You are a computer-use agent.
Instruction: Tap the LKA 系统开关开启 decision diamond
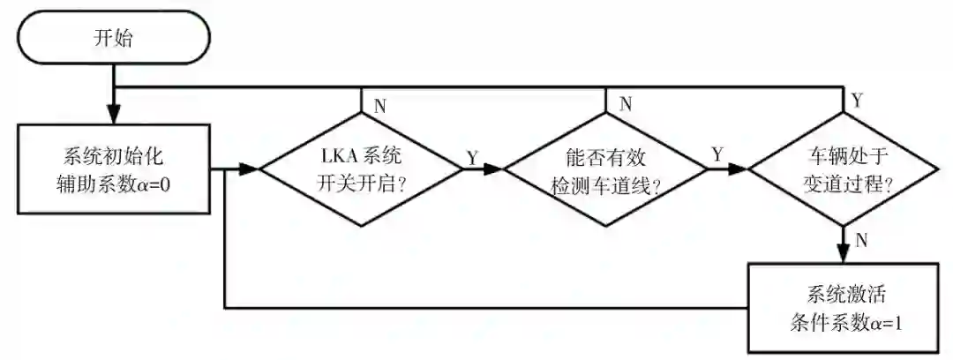pyautogui.click(x=361, y=168)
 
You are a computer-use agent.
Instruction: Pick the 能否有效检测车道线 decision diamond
pyautogui.click(x=604, y=168)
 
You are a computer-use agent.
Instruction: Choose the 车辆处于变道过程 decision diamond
pyautogui.click(x=844, y=168)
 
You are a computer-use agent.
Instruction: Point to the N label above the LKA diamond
pyautogui.click(x=380, y=105)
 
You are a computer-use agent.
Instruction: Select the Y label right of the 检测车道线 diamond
pyautogui.click(x=716, y=154)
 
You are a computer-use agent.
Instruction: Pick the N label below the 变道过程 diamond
pyautogui.click(x=864, y=239)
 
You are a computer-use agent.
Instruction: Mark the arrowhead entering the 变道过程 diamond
pyautogui.click(x=739, y=168)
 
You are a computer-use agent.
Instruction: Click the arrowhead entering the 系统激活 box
pyautogui.click(x=844, y=253)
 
